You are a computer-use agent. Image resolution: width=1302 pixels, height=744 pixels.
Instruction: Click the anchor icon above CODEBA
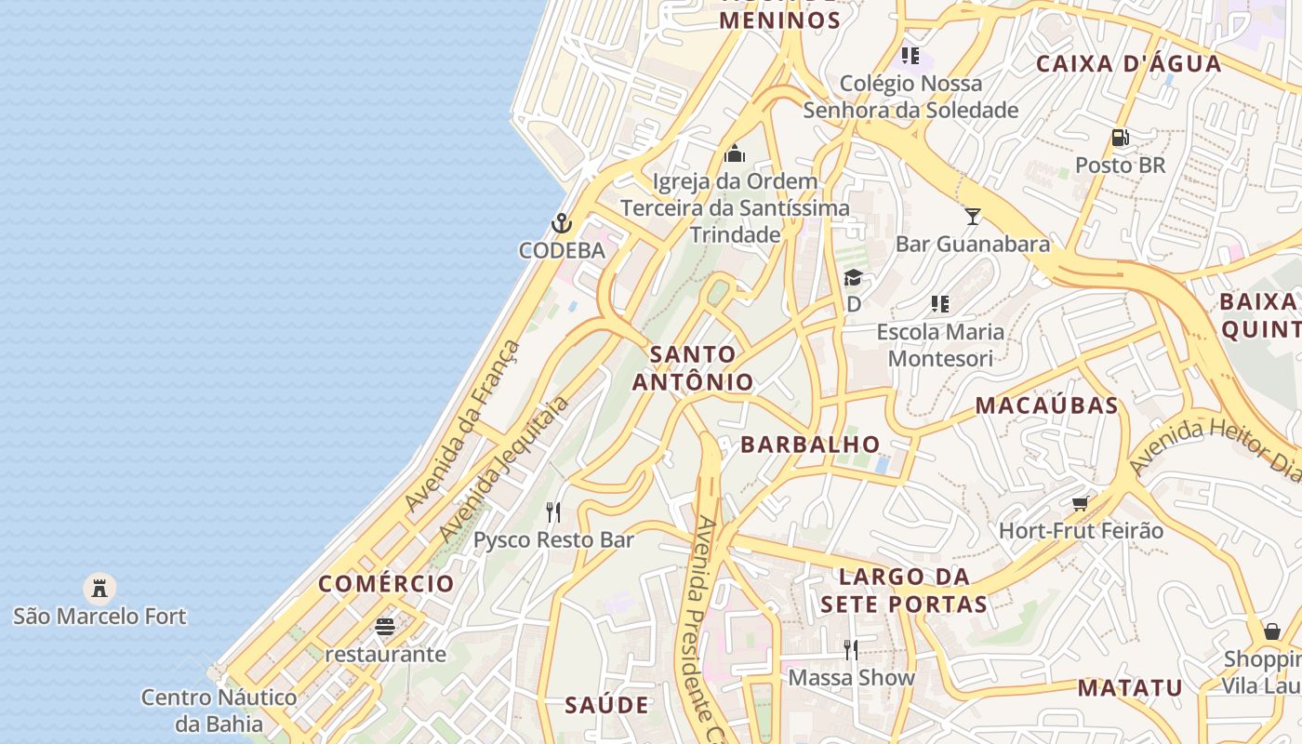coord(561,223)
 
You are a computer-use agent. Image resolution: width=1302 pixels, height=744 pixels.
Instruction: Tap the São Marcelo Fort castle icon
coord(99,588)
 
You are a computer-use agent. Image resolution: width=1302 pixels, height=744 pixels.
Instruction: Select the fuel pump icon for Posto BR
coord(1120,138)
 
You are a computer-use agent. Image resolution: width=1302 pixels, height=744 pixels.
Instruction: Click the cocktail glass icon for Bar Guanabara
coord(973,217)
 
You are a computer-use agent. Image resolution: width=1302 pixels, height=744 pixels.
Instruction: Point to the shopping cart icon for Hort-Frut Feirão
coord(1080,503)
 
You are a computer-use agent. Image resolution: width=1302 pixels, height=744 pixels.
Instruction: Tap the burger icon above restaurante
coord(385,627)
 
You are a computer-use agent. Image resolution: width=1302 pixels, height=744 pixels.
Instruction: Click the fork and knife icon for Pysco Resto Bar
coord(553,511)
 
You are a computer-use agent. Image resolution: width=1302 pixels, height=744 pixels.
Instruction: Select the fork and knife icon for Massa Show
coord(851,649)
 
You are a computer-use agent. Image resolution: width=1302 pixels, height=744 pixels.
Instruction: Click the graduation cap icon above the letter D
coord(853,277)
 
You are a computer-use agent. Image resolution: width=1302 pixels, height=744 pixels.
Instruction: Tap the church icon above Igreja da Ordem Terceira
coord(735,153)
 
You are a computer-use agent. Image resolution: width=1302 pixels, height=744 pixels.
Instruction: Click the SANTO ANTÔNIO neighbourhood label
coord(693,368)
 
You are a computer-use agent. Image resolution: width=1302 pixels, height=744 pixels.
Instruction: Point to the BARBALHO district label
coord(810,445)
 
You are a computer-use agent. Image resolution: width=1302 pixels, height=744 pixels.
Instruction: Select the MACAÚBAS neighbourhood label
coord(1046,405)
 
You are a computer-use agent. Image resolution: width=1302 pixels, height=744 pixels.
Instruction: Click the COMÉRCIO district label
coord(386,584)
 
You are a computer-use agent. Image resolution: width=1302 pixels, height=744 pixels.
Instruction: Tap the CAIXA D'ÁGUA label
coord(1128,63)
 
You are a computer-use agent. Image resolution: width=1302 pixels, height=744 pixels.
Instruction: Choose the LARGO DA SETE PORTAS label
coord(903,591)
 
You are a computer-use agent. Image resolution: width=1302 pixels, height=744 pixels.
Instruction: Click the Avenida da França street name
coord(462,426)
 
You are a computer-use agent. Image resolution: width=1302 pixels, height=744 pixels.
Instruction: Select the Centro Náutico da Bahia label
coord(219,711)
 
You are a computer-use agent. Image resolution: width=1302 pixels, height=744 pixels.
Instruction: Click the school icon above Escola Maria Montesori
coord(940,304)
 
